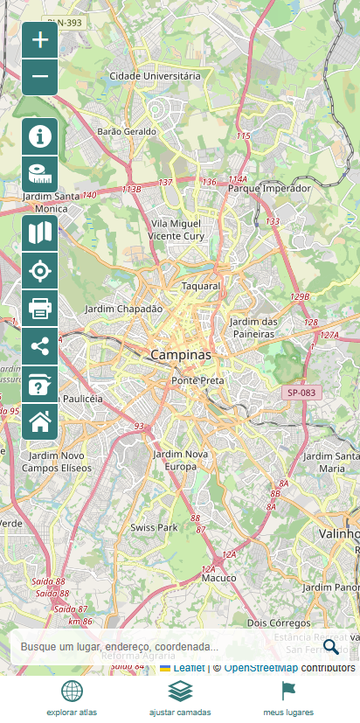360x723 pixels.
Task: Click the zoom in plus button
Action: tap(39, 40)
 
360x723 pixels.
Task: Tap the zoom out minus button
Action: tap(39, 77)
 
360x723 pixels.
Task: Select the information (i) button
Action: tap(39, 136)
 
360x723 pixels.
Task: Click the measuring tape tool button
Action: tap(39, 174)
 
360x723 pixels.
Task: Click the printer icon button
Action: tap(39, 309)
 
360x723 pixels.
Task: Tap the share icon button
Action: tap(39, 346)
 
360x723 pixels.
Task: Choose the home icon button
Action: tap(39, 422)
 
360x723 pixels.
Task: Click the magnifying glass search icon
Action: tap(331, 647)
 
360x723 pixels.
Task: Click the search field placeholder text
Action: tap(120, 647)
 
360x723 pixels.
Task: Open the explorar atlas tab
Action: tap(72, 699)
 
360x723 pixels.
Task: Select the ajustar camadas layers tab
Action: tap(180, 699)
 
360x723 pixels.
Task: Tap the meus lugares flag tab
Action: tap(288, 699)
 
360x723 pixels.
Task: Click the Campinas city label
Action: tap(181, 356)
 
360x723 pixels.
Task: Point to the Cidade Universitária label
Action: tap(155, 76)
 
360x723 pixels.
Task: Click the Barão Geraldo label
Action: tap(127, 131)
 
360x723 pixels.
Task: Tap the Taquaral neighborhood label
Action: tap(200, 286)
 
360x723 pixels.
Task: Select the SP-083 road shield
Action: tap(301, 393)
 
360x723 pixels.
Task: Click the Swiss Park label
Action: tap(154, 528)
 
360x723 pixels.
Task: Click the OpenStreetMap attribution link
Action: tap(260, 668)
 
